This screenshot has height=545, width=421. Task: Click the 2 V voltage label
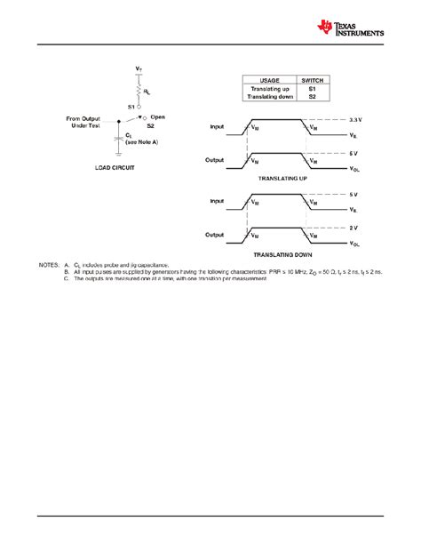pos(353,228)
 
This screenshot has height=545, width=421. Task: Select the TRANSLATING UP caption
pos(281,179)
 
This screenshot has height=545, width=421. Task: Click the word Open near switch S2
pos(158,116)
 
